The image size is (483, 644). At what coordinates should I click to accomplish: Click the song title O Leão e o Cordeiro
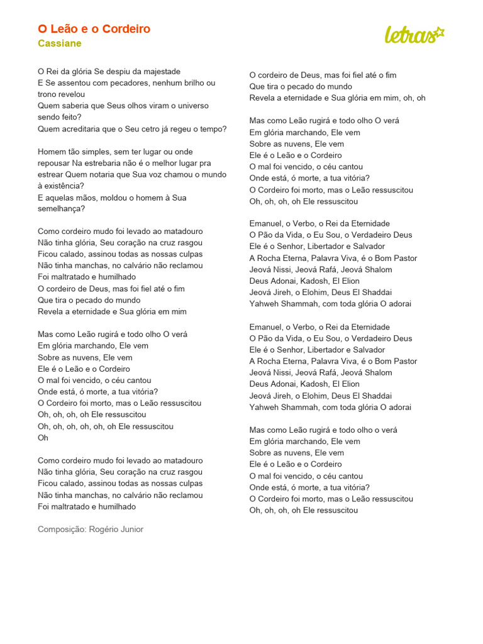[x=94, y=30]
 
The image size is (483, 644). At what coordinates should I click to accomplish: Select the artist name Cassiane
[x=59, y=43]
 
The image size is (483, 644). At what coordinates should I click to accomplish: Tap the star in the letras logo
[x=439, y=32]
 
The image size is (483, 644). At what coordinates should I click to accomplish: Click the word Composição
[x=60, y=530]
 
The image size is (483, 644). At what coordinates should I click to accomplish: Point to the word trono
[x=47, y=94]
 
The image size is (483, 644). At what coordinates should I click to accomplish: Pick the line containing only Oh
[x=43, y=438]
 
